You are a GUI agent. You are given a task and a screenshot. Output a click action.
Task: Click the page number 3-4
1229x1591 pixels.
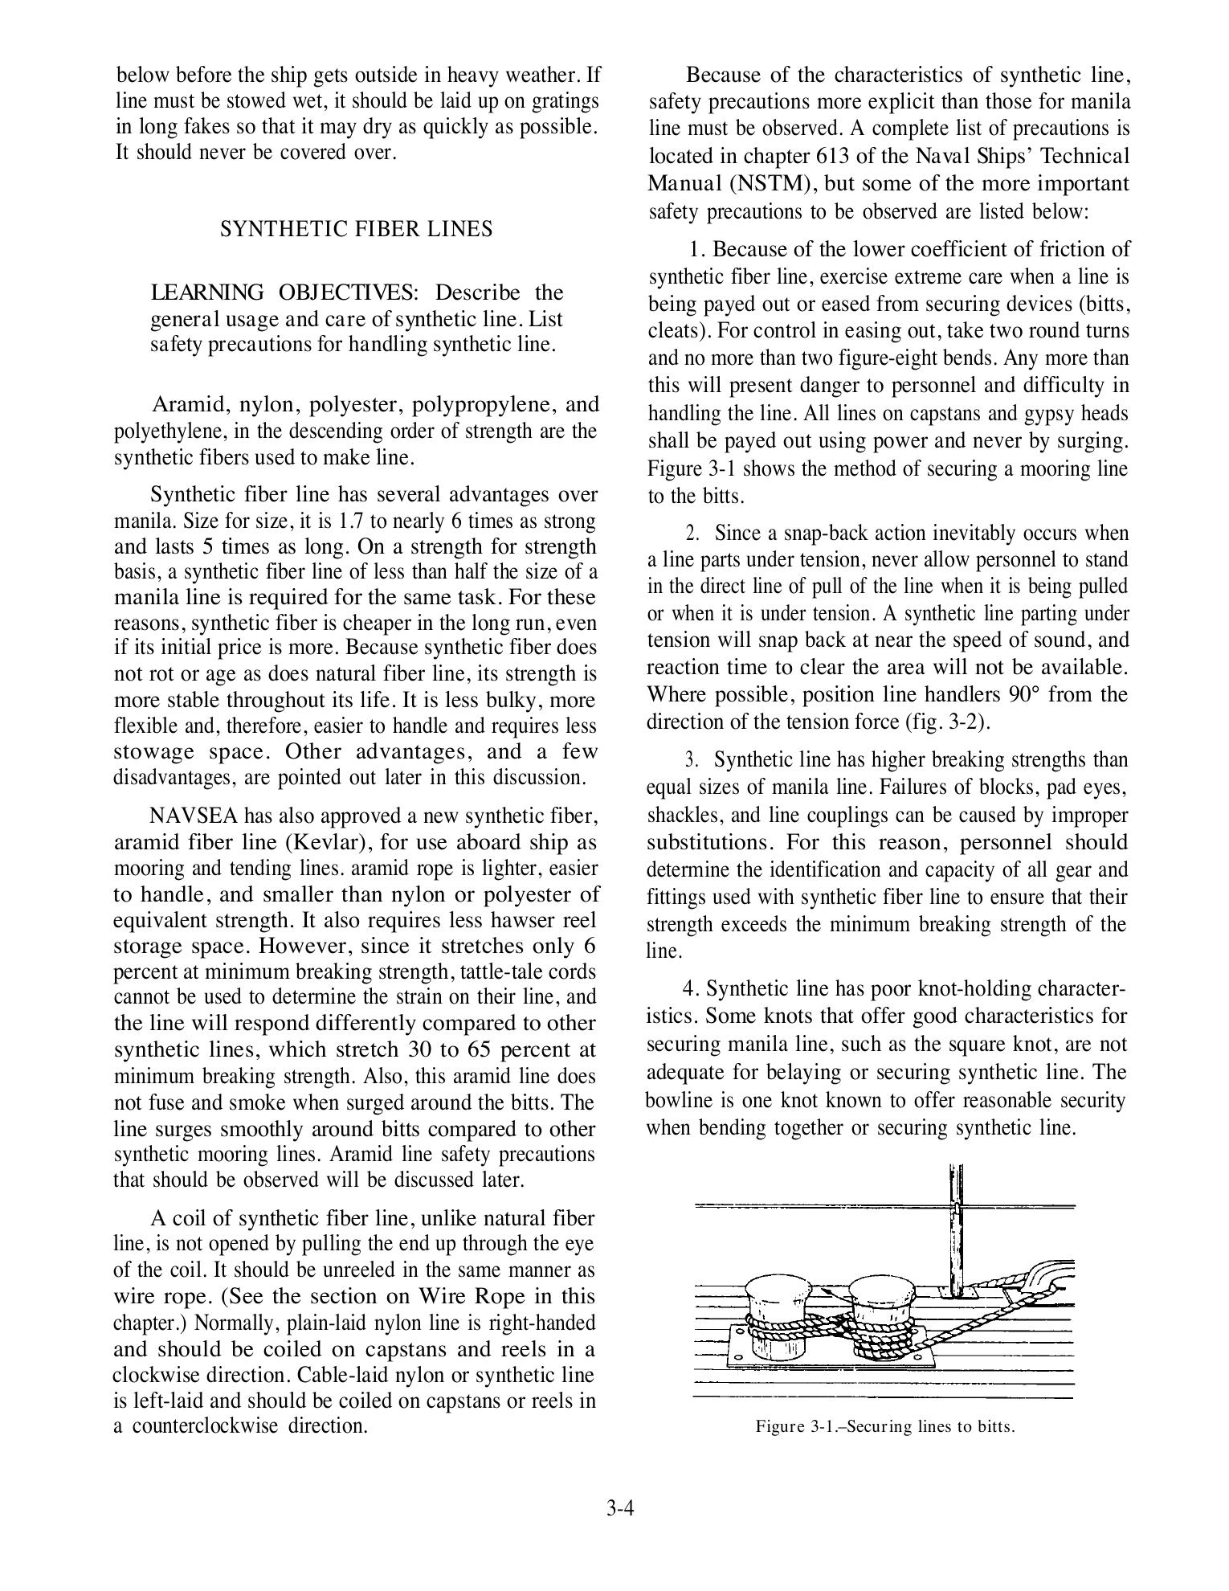point(621,1508)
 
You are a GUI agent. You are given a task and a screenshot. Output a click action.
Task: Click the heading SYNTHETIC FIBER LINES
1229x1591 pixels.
point(356,229)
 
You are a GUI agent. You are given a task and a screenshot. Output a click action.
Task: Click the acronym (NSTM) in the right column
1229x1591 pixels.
point(770,183)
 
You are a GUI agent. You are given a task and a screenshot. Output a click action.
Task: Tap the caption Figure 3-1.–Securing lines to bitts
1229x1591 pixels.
point(884,1427)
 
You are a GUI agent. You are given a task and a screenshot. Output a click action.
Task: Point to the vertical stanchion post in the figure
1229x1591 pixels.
point(956,1237)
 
